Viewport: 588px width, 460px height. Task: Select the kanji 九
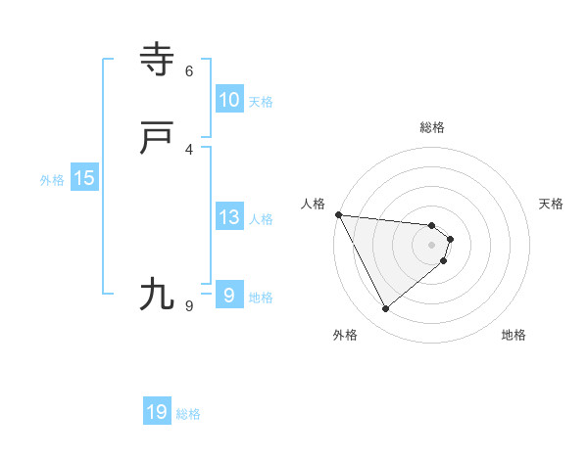[157, 294]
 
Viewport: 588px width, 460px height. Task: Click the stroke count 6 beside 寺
[189, 71]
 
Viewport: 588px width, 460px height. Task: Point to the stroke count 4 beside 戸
[189, 149]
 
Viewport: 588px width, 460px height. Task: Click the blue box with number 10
[229, 100]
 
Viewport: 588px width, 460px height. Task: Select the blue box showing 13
[229, 217]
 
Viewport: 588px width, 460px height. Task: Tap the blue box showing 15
[84, 178]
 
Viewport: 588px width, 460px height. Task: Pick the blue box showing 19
[157, 412]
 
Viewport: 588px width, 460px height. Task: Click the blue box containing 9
[229, 296]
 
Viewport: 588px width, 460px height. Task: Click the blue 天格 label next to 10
[261, 102]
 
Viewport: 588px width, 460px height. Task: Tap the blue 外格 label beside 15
[52, 180]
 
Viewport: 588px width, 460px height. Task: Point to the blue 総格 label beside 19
[188, 414]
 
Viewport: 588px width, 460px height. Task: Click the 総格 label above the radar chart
[432, 127]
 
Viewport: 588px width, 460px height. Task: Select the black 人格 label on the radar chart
[313, 204]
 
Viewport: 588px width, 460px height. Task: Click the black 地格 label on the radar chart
[514, 335]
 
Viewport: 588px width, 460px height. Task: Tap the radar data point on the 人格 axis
[338, 214]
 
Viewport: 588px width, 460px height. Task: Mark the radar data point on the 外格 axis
[386, 309]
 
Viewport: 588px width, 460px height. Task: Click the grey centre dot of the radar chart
[432, 245]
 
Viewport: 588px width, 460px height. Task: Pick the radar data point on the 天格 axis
[450, 239]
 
